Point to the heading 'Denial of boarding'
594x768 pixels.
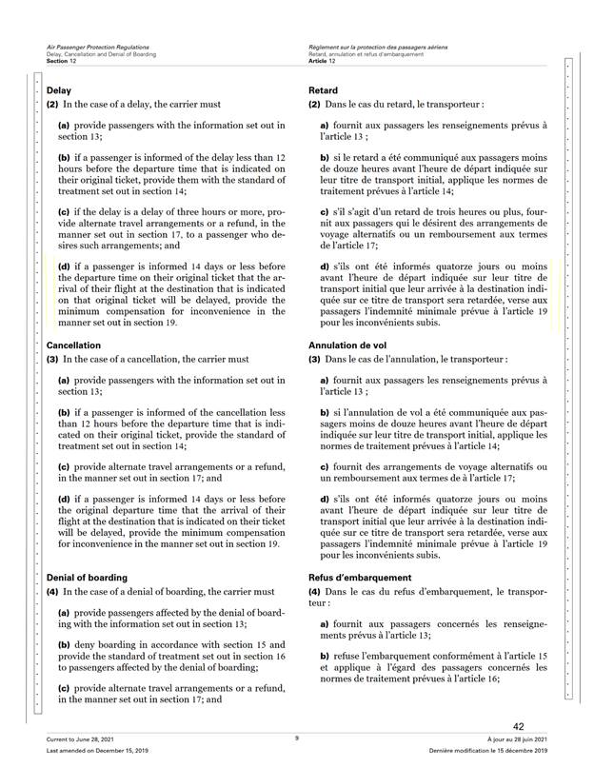[87, 578]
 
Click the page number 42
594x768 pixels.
[519, 726]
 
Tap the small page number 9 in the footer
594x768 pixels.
[296, 738]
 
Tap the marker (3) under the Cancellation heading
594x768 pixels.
[53, 360]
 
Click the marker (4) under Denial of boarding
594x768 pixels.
[53, 593]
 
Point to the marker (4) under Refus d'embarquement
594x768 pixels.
[316, 593]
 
